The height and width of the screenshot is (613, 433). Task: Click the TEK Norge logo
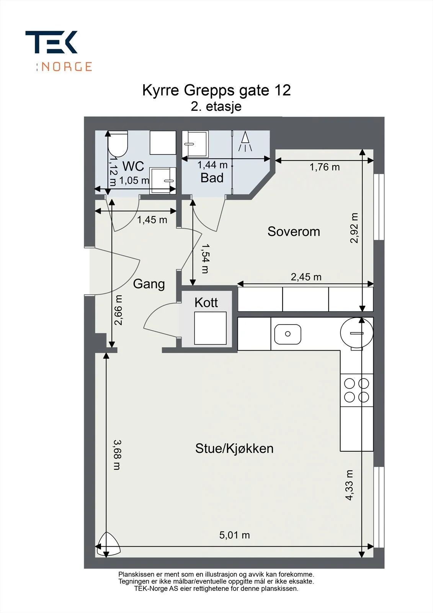click(x=59, y=51)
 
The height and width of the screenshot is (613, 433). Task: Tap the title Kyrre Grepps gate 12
click(x=216, y=90)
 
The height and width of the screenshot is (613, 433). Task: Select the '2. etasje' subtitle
click(x=216, y=107)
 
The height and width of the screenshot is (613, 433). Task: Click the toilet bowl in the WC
click(x=118, y=144)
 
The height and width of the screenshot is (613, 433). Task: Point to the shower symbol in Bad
click(x=245, y=141)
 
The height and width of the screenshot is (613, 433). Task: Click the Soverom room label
click(x=294, y=231)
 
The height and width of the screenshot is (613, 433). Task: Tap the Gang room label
click(x=149, y=284)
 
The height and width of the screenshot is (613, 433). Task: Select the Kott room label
click(x=206, y=302)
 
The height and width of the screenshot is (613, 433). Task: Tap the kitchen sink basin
click(x=288, y=334)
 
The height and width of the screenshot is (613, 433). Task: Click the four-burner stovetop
click(x=356, y=390)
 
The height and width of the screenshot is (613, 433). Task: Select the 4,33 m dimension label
click(x=349, y=485)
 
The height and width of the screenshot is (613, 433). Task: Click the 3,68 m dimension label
click(x=117, y=455)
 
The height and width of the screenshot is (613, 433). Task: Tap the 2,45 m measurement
click(x=306, y=277)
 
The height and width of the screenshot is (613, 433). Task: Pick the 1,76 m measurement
click(x=324, y=167)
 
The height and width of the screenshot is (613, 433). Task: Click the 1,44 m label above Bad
click(x=212, y=165)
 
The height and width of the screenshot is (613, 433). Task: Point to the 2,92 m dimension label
click(x=354, y=228)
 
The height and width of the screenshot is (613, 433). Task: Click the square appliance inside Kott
click(x=210, y=328)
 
